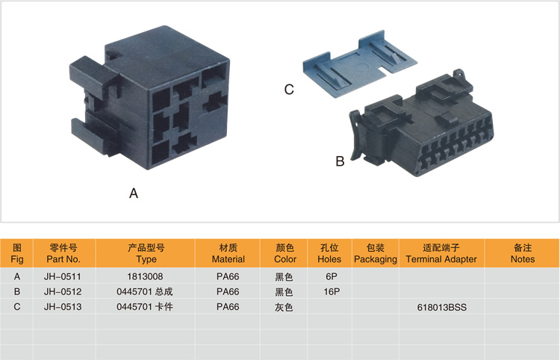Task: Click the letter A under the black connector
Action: [x=134, y=193]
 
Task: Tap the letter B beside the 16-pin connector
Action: [x=339, y=161]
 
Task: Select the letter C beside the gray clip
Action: [x=289, y=90]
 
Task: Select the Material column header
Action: [x=228, y=253]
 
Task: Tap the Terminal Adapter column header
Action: [x=441, y=253]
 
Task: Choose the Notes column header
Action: [x=522, y=253]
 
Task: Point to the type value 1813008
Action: [x=146, y=276]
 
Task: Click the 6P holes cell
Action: [x=329, y=276]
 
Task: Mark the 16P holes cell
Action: [x=329, y=291]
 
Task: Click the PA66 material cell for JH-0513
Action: [x=228, y=306]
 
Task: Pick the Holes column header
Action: [x=329, y=253]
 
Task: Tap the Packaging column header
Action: [x=375, y=253]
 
